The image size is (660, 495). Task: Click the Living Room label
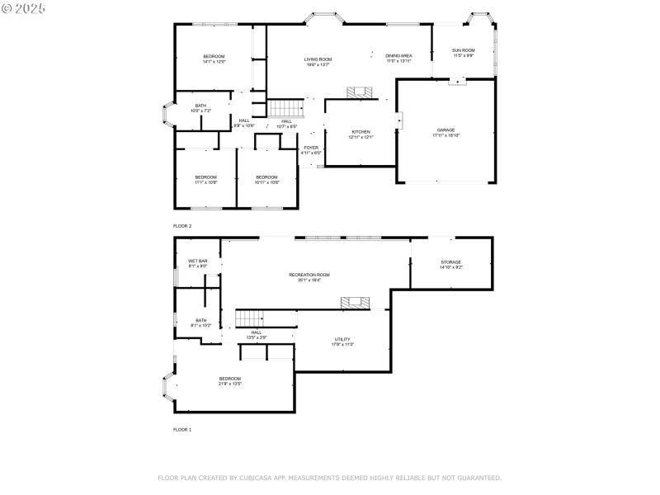click(x=318, y=59)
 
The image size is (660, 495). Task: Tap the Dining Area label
click(x=398, y=56)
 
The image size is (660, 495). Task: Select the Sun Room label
click(x=463, y=51)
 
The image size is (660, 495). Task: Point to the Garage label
click(x=445, y=130)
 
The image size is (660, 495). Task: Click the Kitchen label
click(x=361, y=132)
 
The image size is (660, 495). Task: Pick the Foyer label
click(x=311, y=148)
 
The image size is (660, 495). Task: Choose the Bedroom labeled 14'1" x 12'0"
click(x=214, y=57)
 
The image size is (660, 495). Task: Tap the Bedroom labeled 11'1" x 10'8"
click(x=205, y=177)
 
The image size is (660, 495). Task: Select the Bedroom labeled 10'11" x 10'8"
click(x=266, y=177)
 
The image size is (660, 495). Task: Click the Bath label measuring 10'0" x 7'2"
click(x=200, y=106)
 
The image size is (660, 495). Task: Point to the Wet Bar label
click(x=197, y=262)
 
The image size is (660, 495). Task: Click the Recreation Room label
click(x=309, y=275)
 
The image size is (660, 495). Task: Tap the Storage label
click(x=450, y=262)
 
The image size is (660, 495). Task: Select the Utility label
click(x=342, y=339)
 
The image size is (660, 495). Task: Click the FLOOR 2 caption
click(x=181, y=225)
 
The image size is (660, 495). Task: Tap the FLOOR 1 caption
click(x=181, y=430)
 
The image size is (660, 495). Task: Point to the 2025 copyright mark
click(x=24, y=7)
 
